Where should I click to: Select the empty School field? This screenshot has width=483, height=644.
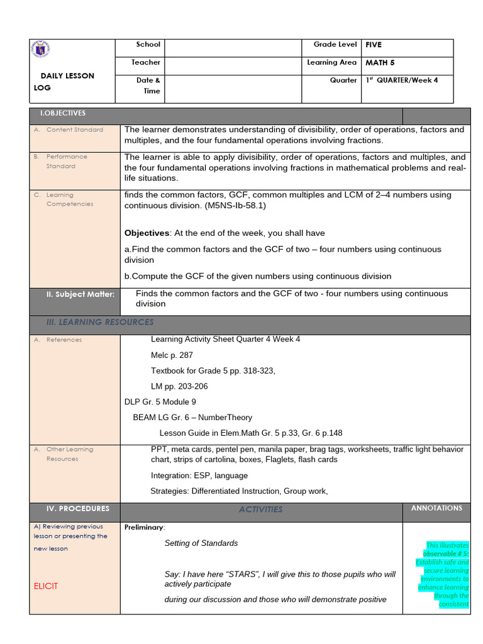233,48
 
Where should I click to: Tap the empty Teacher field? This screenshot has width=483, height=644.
233,66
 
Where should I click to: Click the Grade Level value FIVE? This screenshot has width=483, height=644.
374,45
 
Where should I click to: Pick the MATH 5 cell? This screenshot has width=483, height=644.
380,63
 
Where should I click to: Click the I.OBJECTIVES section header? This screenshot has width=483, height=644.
63,113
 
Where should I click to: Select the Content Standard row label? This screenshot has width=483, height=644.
74,130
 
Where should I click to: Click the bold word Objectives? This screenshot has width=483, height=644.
147,233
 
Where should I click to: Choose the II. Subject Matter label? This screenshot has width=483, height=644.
80,294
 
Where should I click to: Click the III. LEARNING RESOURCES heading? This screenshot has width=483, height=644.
100,322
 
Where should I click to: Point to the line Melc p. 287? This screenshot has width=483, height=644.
172,355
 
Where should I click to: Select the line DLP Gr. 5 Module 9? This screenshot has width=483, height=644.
160,402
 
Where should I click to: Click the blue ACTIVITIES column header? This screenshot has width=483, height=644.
260,509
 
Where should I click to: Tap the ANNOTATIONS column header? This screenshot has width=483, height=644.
436,508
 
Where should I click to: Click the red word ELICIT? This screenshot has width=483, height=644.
46,586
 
